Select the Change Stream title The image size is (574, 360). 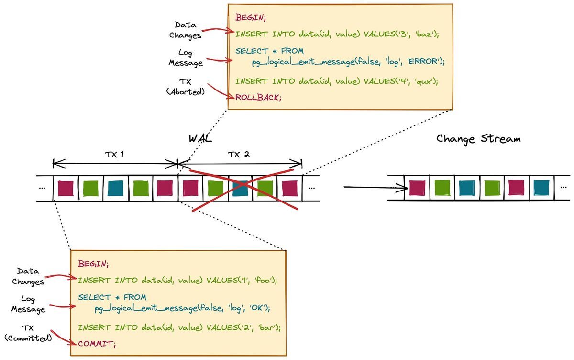478,139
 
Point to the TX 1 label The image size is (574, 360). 115,155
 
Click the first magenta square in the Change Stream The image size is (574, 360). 418,188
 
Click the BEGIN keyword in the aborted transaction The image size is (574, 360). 250,18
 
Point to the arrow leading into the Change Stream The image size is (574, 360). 375,187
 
